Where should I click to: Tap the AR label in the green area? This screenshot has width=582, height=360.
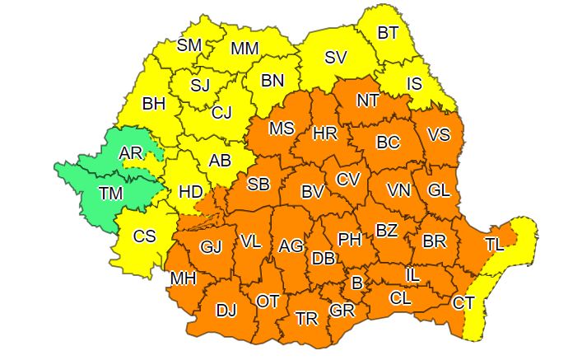coord(130,153)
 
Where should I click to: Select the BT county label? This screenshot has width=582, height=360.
coord(388,33)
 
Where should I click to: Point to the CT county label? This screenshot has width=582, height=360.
coord(463,303)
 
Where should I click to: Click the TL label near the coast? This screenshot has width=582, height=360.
coord(495,244)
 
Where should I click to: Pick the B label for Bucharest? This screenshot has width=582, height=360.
coord(356,283)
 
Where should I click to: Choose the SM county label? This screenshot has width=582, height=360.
coord(189,45)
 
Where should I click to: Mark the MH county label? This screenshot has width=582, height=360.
coord(182,279)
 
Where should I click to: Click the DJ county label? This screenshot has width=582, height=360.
coord(226,311)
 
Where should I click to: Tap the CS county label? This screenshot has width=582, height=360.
coord(144,236)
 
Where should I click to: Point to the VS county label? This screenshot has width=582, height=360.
coord(440,136)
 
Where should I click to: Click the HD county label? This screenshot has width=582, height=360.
coord(190,191)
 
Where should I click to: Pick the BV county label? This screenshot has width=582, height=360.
coord(312,192)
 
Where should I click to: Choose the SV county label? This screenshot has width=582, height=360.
coord(335,57)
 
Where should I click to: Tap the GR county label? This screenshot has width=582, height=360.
coord(341,311)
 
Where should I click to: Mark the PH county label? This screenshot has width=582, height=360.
coord(350,240)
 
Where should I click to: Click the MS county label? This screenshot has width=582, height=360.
coord(282,129)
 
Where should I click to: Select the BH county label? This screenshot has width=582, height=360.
coord(154,104)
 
